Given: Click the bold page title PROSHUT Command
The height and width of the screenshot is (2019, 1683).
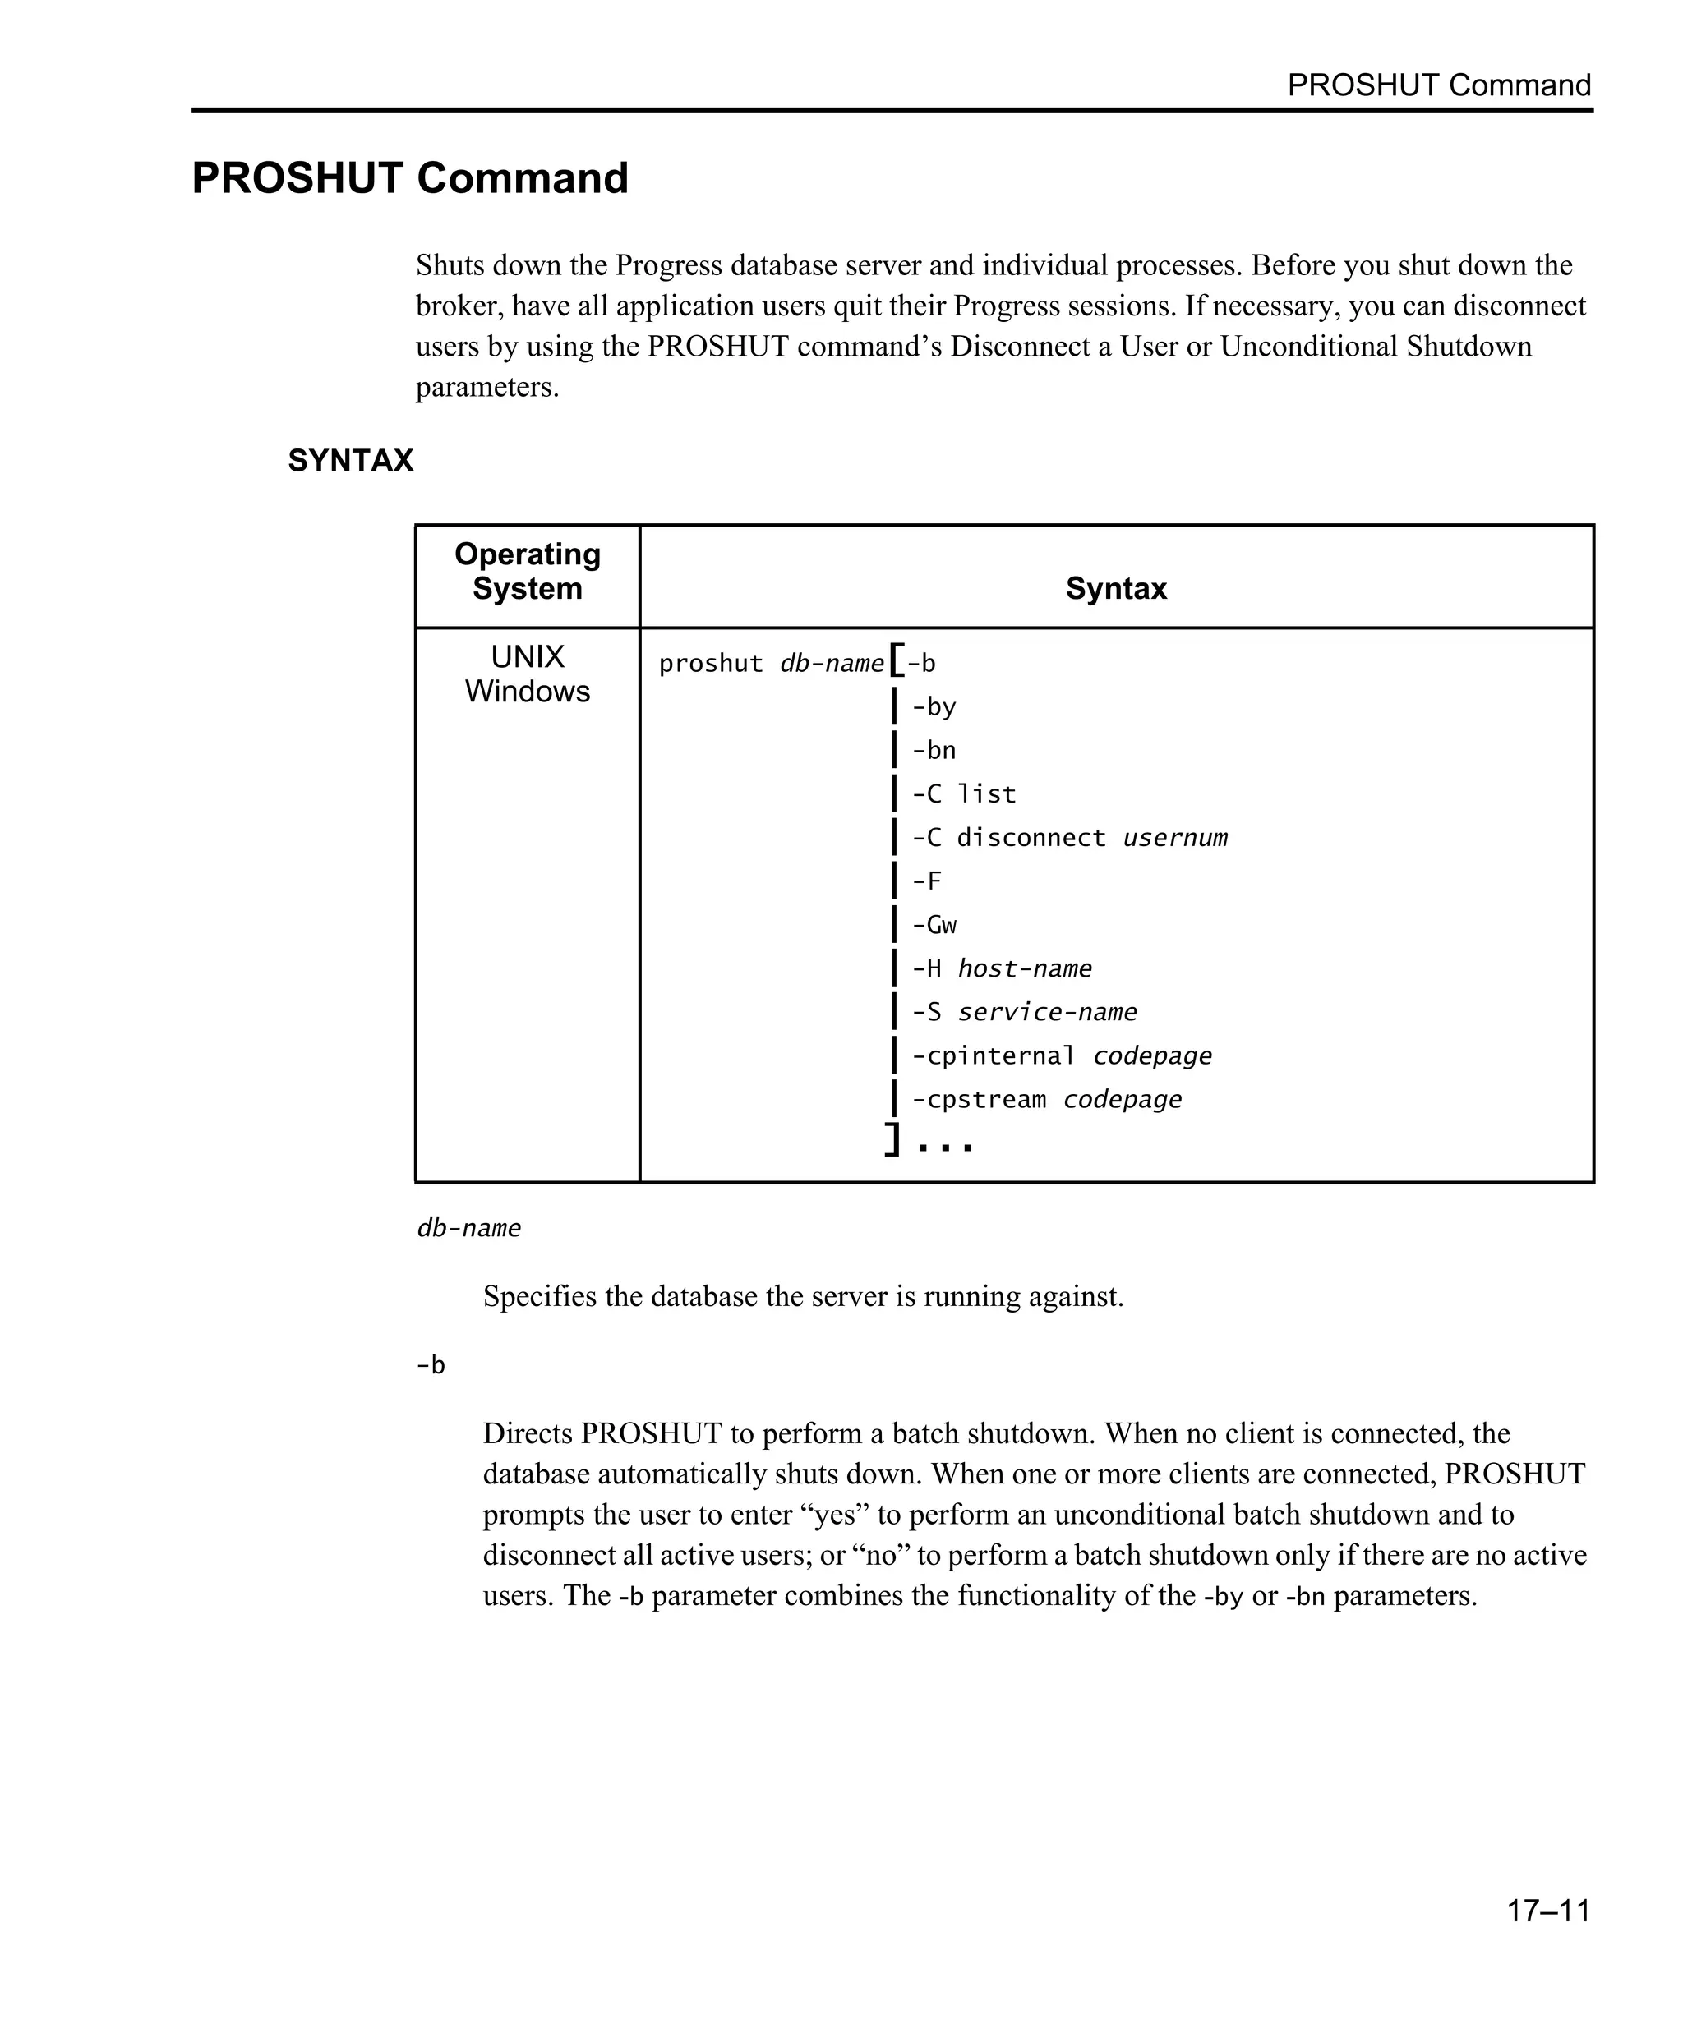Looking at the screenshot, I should coord(410,179).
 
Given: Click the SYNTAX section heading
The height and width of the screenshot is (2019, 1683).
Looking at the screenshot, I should coord(350,461).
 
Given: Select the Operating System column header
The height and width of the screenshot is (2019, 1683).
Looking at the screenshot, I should coord(527,571).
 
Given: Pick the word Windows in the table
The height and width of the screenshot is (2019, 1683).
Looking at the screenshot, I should coord(527,692).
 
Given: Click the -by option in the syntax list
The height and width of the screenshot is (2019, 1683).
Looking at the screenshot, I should coord(933,707).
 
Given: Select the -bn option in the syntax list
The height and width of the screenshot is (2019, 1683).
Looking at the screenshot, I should coord(933,751).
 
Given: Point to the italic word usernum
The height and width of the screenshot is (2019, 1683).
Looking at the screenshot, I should coord(1174,839).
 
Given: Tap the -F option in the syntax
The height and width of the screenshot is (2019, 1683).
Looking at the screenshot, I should coord(926,881).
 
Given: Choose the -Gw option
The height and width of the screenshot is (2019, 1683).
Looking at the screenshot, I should coord(933,925).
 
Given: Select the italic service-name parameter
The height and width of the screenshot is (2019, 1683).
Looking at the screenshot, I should coord(1046,1013).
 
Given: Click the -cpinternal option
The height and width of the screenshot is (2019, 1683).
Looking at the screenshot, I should coord(993,1055).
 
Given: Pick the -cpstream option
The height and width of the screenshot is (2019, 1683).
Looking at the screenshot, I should coord(978,1100).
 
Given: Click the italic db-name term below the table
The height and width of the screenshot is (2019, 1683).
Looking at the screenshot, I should coord(468,1229).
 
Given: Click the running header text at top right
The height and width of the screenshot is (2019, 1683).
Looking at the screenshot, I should coord(1439,85).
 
